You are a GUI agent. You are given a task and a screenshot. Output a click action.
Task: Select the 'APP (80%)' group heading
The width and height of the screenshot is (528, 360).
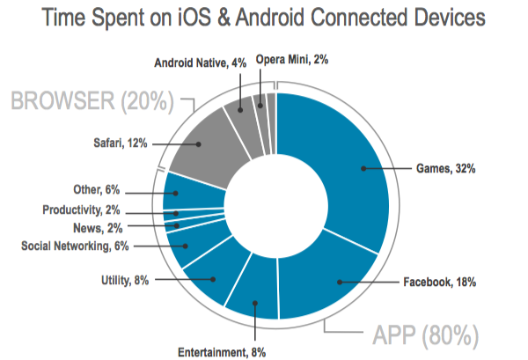(x=424, y=335)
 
